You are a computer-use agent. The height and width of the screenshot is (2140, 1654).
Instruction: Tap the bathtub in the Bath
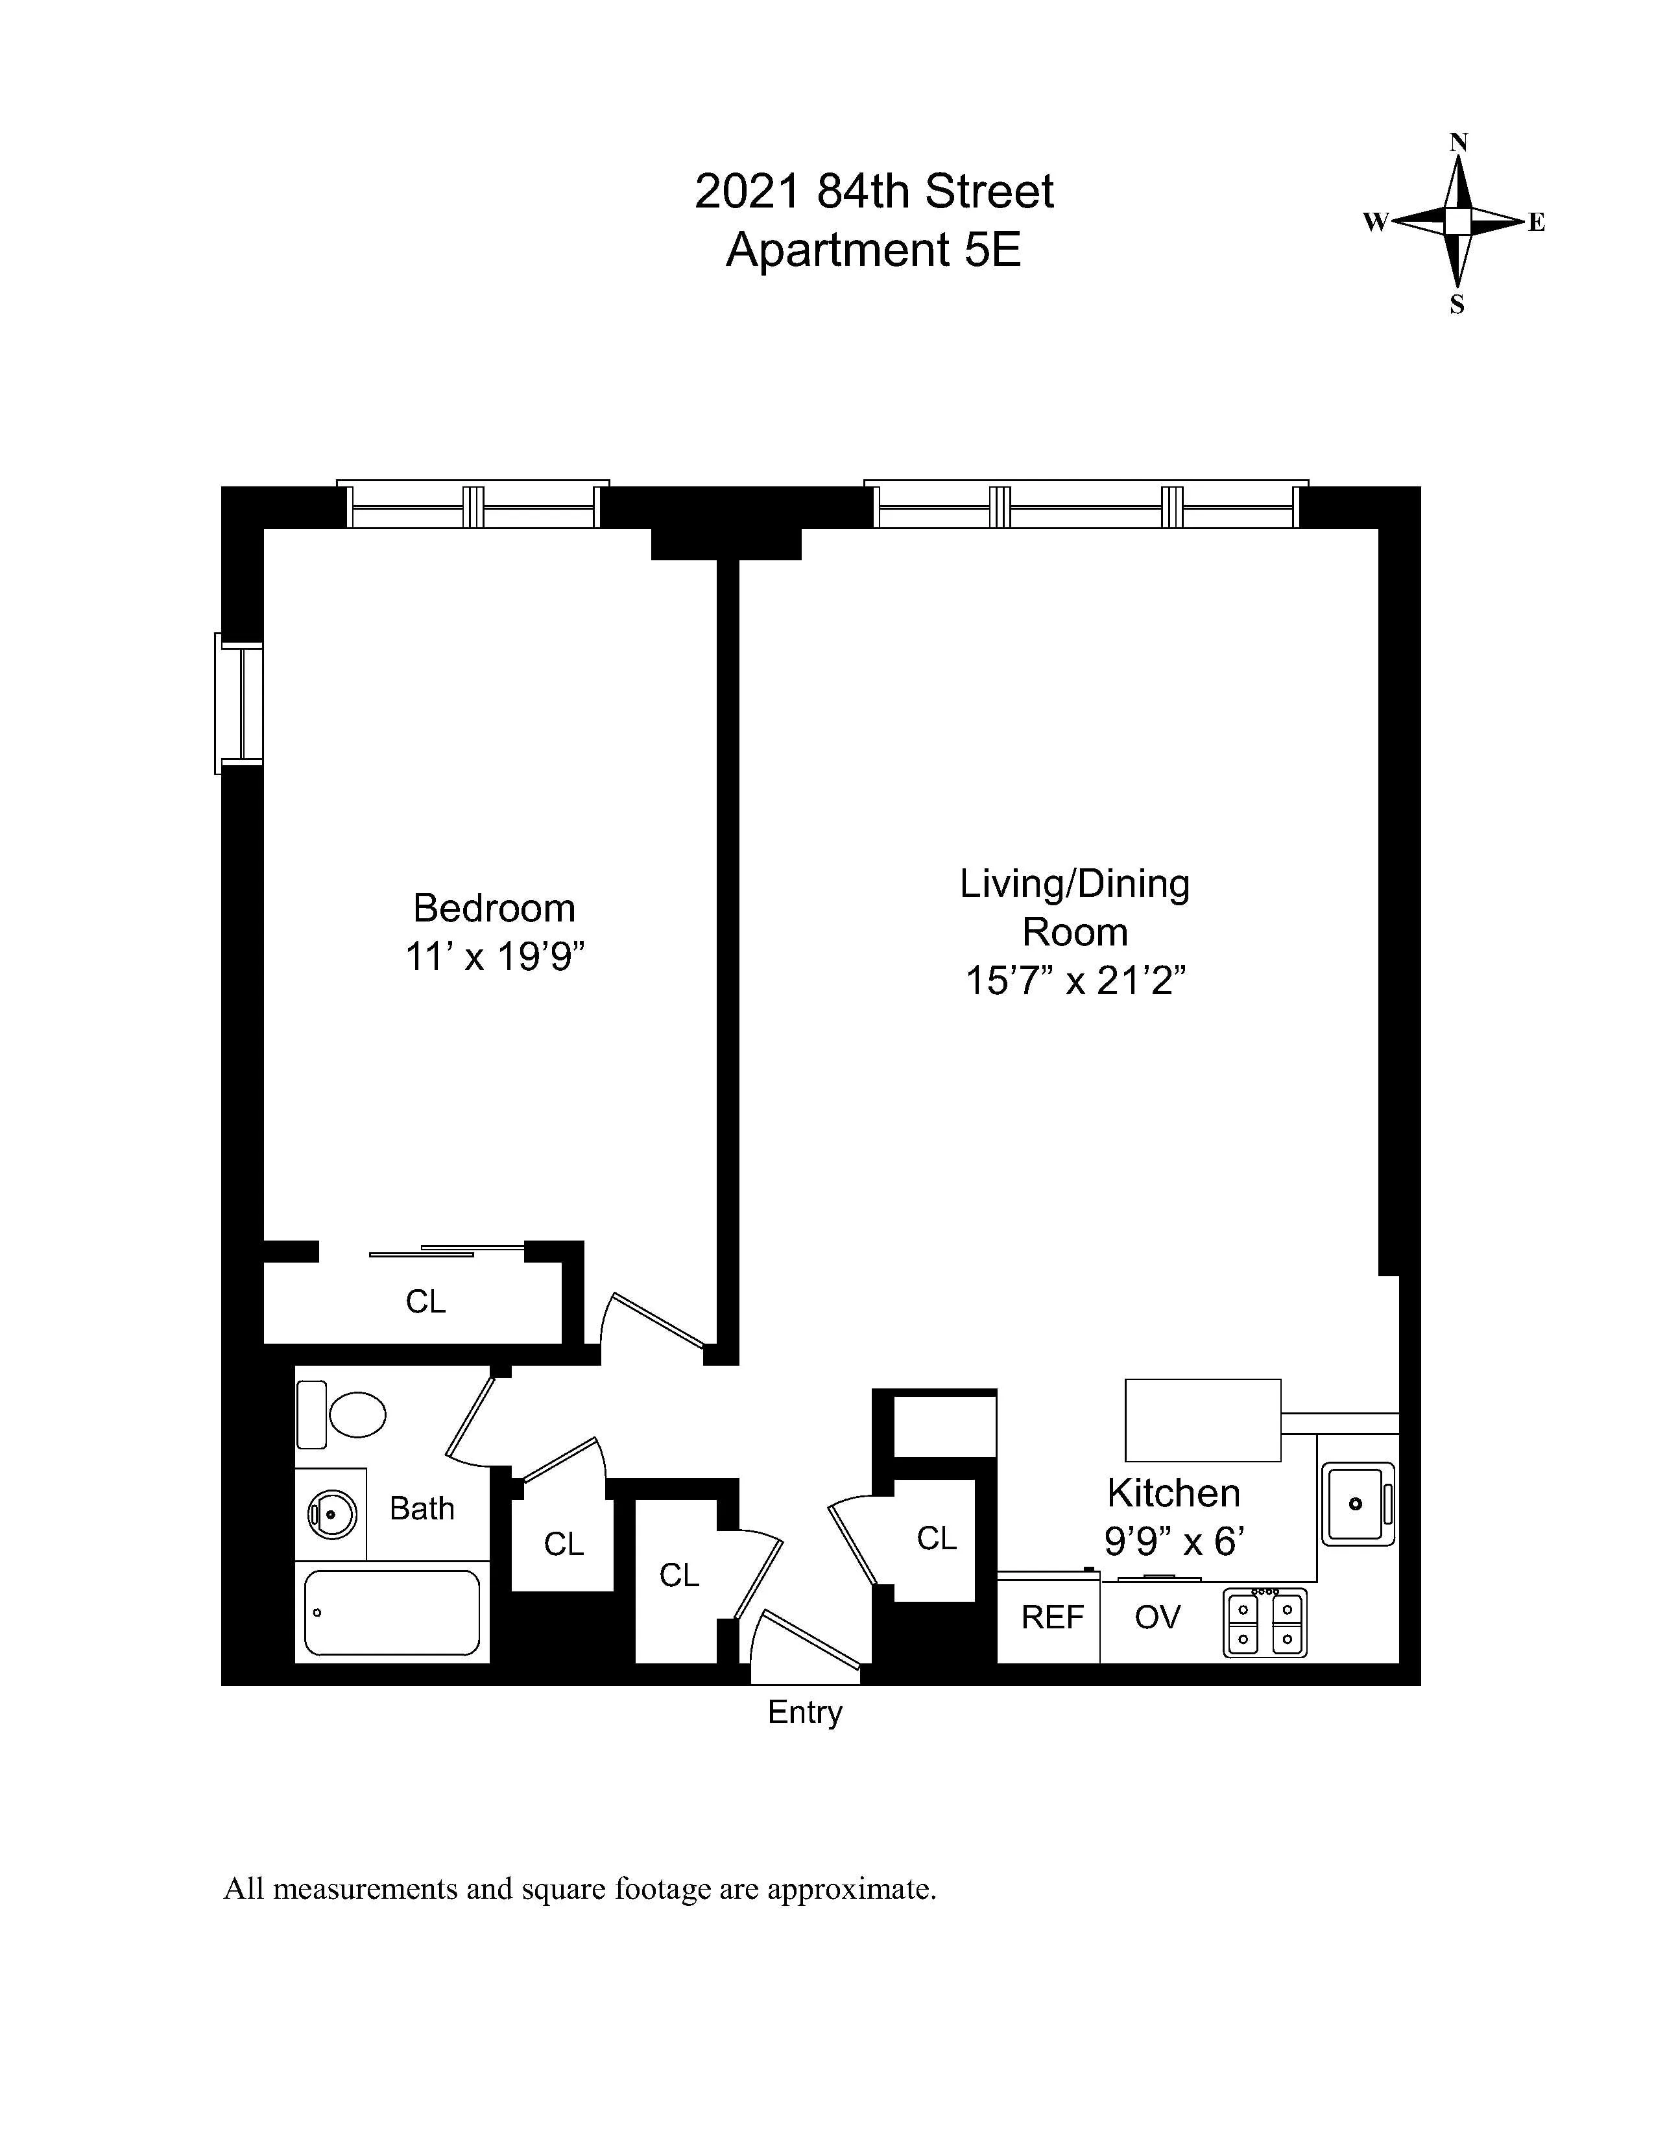392,1612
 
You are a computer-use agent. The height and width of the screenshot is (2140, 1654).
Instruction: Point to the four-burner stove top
1265,1623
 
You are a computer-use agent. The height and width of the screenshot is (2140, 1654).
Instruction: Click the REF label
1051,1617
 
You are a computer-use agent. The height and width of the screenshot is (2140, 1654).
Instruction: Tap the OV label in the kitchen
1157,1617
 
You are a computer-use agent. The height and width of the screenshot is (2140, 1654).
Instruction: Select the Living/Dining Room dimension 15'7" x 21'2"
1075,980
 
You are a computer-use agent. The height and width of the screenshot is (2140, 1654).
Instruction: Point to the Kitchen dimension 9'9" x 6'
1174,1542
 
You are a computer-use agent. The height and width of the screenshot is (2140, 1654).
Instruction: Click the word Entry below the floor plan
804,1712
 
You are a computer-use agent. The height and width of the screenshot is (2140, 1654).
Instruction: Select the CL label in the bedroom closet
425,1302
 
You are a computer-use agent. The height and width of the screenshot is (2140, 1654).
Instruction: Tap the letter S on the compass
1457,305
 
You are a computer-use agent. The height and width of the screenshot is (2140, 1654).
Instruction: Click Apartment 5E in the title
873,250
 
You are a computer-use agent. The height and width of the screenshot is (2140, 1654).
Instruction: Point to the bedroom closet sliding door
446,1250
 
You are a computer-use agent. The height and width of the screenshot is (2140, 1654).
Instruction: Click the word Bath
422,1508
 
